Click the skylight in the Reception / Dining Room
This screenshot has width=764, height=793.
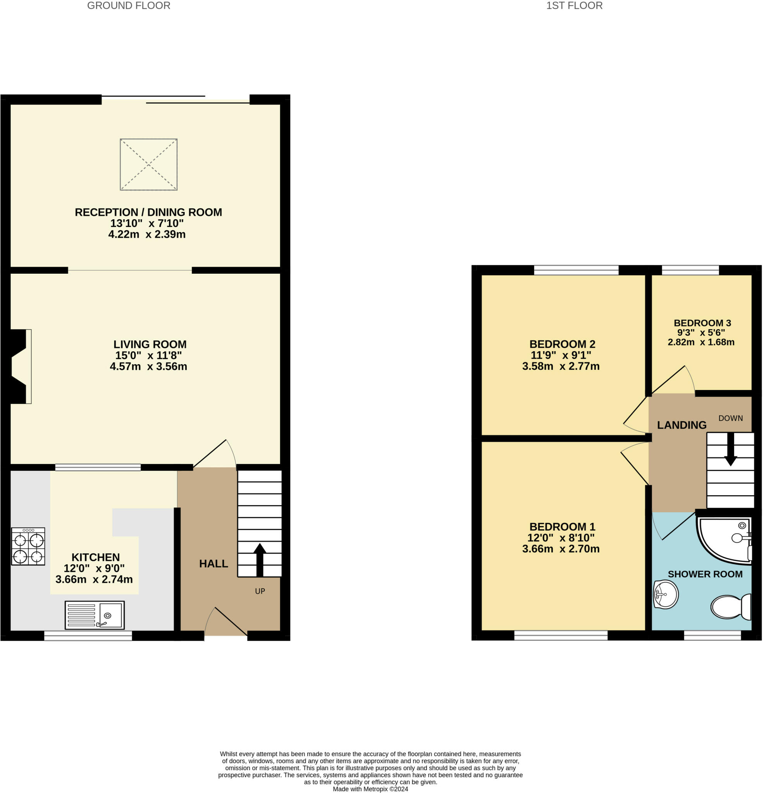click(x=149, y=164)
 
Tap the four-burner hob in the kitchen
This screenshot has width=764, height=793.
click(x=28, y=546)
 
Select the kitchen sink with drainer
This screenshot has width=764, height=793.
click(x=95, y=615)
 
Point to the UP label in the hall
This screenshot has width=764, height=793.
click(x=260, y=591)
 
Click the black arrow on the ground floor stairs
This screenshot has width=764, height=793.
click(x=260, y=560)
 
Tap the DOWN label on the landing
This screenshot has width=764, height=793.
click(x=730, y=418)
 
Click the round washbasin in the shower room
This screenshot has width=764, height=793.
click(x=666, y=594)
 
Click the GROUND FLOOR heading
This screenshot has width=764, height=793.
click(x=129, y=6)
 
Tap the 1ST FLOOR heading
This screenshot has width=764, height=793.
click(x=574, y=6)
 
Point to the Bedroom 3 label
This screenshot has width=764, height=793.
click(x=702, y=323)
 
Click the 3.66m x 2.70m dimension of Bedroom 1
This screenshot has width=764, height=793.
click(x=561, y=549)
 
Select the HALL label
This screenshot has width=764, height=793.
click(x=213, y=564)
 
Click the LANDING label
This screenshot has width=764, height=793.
click(x=681, y=425)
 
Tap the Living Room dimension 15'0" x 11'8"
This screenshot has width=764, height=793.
click(x=149, y=355)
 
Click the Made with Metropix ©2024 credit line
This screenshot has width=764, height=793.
click(x=370, y=789)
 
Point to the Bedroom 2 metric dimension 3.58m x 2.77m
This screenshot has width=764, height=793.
click(x=561, y=366)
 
